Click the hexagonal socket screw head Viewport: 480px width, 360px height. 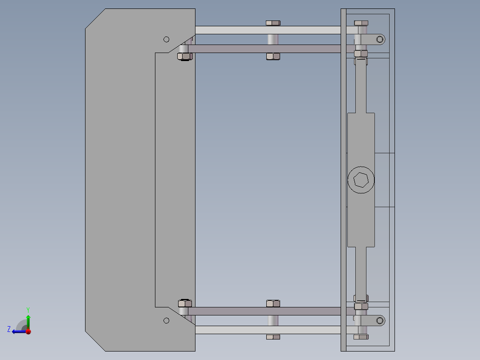tap(361, 180)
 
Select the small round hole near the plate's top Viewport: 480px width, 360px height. tap(167, 39)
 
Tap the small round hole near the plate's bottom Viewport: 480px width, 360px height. tap(167, 320)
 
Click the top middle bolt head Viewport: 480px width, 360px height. tap(273, 23)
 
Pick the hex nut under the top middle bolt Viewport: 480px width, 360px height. tap(273, 56)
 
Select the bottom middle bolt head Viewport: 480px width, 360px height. tap(273, 337)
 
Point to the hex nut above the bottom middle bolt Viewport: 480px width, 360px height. tap(273, 303)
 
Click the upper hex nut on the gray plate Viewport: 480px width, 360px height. tap(184, 56)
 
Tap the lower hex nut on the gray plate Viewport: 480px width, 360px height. tap(184, 303)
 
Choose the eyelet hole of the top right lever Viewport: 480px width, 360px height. tap(381, 39)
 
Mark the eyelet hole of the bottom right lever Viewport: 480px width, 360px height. tap(381, 320)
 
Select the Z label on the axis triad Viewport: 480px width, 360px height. tap(9, 329)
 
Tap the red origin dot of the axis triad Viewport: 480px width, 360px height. tap(28, 331)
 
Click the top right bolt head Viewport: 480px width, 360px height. tap(361, 23)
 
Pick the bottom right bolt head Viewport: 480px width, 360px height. tap(361, 337)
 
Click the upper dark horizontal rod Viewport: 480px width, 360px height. tap(267, 49)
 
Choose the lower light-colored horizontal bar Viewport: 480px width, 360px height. tap(267, 330)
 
